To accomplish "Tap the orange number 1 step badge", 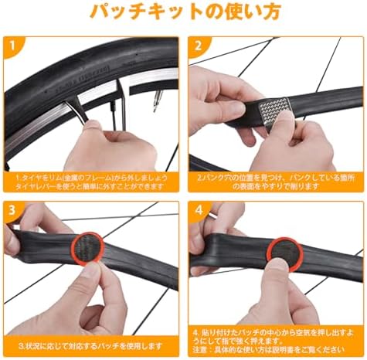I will pos(12,46).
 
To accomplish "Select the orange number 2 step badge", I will pos(198,46).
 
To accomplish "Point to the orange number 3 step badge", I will pos(12,210).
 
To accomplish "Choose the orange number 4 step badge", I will pos(198,210).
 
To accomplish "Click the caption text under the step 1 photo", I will pos(91,182).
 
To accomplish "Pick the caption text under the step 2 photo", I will pos(276,182).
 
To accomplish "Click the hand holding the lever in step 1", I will pos(116,147).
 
